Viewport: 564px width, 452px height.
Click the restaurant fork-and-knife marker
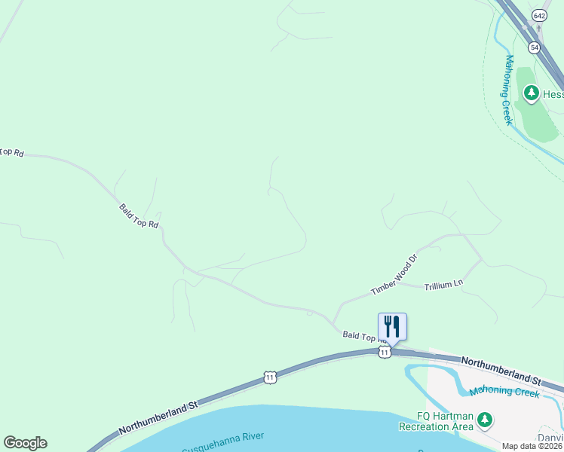coord(392,326)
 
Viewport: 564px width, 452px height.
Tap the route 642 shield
coord(538,14)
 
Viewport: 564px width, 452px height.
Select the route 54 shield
coord(535,47)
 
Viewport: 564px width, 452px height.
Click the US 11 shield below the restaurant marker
coord(385,352)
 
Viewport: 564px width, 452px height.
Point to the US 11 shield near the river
coord(269,377)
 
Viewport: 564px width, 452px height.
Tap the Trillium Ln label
coord(443,286)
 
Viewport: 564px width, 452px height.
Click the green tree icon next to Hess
coord(532,93)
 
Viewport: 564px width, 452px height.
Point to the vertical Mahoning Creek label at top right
coord(509,88)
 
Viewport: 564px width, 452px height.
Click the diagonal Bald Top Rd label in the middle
coord(139,215)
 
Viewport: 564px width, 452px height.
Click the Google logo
coord(25,443)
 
